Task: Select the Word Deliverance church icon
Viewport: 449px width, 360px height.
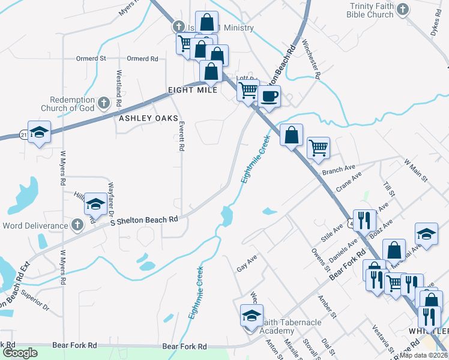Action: coord(76,225)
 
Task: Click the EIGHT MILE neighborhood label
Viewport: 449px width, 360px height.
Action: coord(192,90)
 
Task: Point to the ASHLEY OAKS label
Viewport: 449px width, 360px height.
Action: coord(144,118)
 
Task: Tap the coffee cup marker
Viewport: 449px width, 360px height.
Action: coord(269,95)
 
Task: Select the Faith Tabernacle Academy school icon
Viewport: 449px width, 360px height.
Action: coord(252,316)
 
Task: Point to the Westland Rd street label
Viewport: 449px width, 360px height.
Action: coord(119,85)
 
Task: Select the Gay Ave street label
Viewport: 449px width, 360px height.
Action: coord(247,263)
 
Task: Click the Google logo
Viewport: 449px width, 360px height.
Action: coord(20,353)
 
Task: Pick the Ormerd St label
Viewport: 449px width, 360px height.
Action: coord(91,59)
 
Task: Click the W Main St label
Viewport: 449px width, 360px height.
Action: coord(415,170)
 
